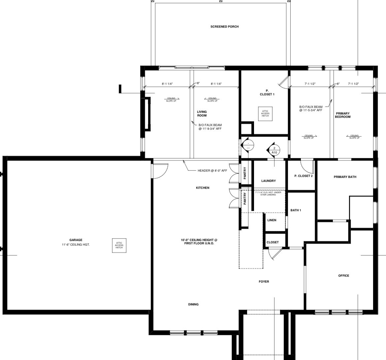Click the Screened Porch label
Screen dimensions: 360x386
coord(224,26)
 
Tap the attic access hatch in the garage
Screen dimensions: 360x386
coord(119,245)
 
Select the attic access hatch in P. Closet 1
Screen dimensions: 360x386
coord(265,114)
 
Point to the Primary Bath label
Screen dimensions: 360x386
coord(345,177)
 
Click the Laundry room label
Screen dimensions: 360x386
coord(268,181)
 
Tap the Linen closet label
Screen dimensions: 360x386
coord(272,220)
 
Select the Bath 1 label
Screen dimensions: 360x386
coord(296,210)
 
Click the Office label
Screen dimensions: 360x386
coord(343,275)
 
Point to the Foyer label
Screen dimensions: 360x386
coord(264,282)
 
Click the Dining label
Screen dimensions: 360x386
coord(193,305)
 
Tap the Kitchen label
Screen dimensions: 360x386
coord(203,188)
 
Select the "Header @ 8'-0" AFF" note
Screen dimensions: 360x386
coord(212,171)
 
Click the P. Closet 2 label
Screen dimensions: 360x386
coord(303,176)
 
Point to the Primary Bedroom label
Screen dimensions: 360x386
coord(342,115)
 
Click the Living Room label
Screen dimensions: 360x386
coord(202,114)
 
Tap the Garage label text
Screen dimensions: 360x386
coord(76,240)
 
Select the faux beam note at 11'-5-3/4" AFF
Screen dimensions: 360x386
coord(311,109)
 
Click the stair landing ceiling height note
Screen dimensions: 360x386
coord(268,194)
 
